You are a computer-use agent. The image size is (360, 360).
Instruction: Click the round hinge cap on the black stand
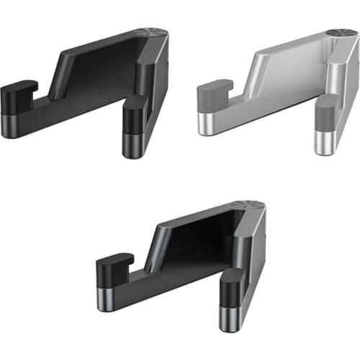point(153,33)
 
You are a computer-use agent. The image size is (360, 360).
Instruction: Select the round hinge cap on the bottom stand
point(251,205)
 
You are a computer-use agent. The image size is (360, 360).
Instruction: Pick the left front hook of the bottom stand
point(114,265)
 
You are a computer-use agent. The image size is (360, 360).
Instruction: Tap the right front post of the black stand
point(133,115)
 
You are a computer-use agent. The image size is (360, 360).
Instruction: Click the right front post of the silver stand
point(325,115)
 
